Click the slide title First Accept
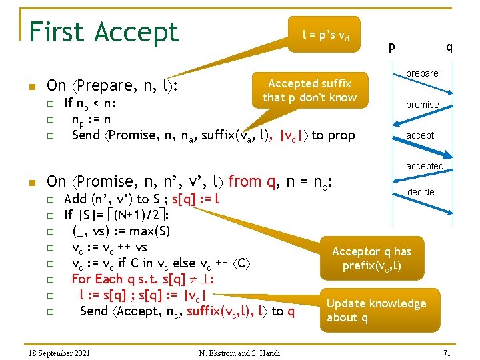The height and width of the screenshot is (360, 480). click(x=104, y=31)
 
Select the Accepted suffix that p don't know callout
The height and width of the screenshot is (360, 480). click(x=309, y=91)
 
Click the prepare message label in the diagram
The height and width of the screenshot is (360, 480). click(x=423, y=73)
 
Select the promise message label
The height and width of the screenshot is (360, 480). click(x=423, y=105)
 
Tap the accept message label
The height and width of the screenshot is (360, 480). click(x=420, y=135)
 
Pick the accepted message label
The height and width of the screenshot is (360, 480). click(x=425, y=166)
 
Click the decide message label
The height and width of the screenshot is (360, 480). click(x=421, y=192)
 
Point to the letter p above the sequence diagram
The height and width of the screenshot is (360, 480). click(x=392, y=47)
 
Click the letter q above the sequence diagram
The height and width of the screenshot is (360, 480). click(x=449, y=47)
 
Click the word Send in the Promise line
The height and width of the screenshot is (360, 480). click(x=85, y=135)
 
